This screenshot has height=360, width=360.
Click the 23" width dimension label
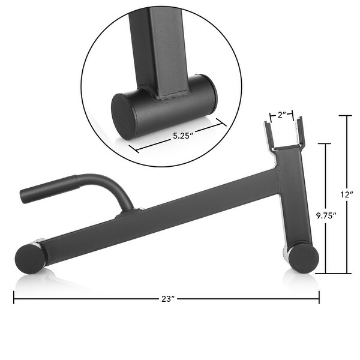coord(167,298)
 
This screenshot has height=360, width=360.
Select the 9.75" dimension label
coord(326,215)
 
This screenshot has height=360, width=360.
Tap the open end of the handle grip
coord(23,196)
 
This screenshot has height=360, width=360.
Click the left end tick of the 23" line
coord(14,298)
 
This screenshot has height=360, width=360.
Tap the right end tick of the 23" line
coord(319,298)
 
